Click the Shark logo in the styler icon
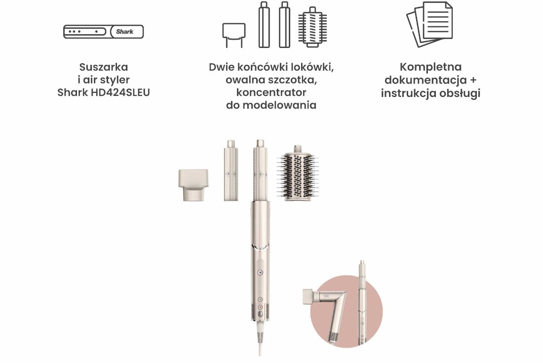(x=125, y=32)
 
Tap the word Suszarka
(x=104, y=67)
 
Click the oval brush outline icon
(x=312, y=27)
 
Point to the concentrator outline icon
(x=234, y=35)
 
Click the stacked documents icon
(x=430, y=24)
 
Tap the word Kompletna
(x=430, y=67)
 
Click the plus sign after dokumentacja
(x=473, y=80)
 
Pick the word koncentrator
(x=271, y=92)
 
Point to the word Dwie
(x=221, y=67)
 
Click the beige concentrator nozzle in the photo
(x=193, y=184)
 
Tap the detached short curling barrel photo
(x=231, y=171)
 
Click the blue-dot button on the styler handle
(x=261, y=273)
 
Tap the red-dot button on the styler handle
(x=261, y=307)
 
